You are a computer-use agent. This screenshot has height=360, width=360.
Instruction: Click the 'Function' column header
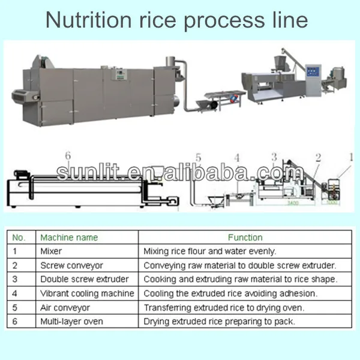click(245, 238)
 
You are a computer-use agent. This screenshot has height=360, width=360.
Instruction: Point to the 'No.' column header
click(20, 238)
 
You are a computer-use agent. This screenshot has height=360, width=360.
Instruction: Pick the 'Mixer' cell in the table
click(50, 251)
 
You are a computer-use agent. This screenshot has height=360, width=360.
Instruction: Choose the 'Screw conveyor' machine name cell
click(71, 265)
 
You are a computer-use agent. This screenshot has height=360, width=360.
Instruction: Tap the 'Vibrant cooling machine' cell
click(87, 293)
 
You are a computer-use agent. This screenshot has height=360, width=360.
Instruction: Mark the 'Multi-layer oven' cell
click(71, 322)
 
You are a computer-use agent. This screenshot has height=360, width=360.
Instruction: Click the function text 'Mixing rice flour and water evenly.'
click(209, 251)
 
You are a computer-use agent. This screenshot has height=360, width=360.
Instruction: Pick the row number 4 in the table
click(15, 293)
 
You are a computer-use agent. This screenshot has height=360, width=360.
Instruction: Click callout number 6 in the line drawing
click(68, 156)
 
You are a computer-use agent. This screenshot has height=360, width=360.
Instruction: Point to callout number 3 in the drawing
click(274, 157)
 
